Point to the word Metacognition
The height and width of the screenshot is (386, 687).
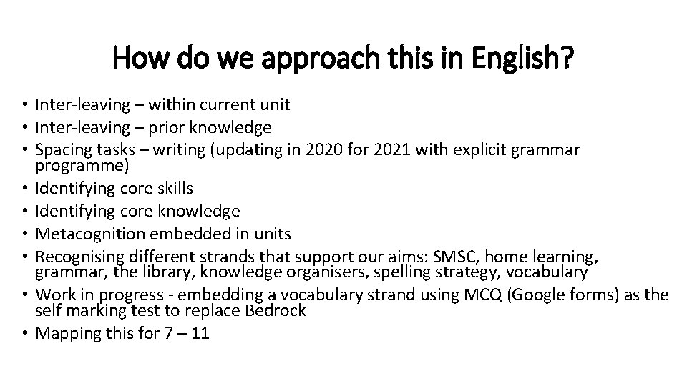84,234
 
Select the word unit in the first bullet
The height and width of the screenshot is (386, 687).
276,106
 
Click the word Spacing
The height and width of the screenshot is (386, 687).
60,150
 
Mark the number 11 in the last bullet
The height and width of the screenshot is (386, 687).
201,333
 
